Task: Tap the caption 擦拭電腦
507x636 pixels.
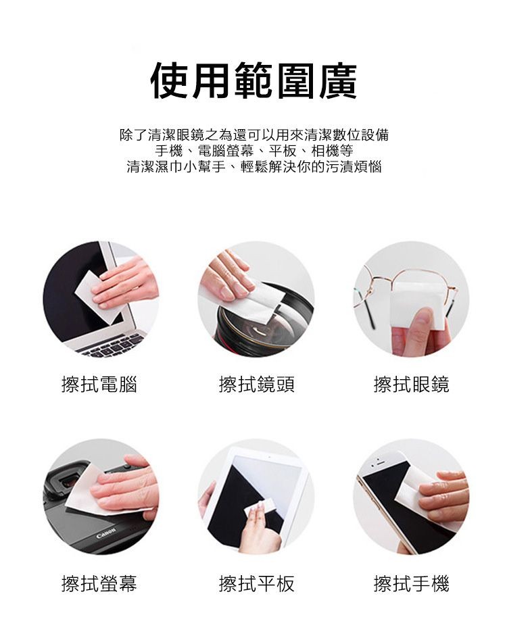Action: [x=99, y=385]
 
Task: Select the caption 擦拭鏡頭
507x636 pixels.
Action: [x=256, y=385]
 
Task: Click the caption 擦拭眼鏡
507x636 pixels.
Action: [x=411, y=385]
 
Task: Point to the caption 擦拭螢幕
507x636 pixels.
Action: [x=99, y=583]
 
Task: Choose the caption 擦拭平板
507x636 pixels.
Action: [x=256, y=583]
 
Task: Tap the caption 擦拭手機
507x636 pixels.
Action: [x=411, y=583]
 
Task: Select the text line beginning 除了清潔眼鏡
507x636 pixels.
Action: [x=254, y=134]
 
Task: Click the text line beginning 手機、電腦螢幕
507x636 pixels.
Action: [x=254, y=150]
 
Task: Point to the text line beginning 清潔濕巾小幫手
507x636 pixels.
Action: [x=254, y=166]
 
